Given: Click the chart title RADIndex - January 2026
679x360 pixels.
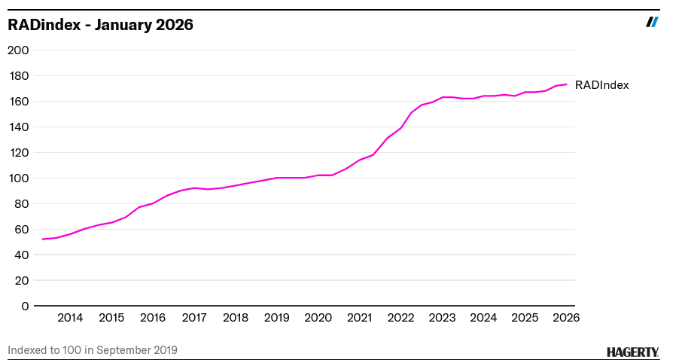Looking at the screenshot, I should coord(100,25).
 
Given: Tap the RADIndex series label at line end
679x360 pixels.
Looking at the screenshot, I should coord(601,85).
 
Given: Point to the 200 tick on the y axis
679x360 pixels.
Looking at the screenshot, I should coord(18,50).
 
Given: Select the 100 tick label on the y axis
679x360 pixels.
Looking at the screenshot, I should coord(18,178).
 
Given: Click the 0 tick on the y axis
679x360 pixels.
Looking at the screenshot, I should coord(25,306).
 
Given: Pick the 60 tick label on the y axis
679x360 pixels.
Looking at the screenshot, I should coord(21,230).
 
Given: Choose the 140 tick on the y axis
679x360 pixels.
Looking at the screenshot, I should coord(18,127).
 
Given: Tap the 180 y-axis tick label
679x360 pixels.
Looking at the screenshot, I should coord(18,76).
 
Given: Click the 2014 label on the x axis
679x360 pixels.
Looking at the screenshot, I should coord(70,318).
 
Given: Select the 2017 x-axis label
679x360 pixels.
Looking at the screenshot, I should coord(194,318).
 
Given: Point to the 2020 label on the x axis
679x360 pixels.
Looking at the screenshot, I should coord(318,318).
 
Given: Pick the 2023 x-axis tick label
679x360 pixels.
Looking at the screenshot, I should coord(442,318).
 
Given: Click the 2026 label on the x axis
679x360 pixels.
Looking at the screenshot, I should coord(565,318).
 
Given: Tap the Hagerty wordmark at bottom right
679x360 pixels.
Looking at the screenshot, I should coord(632,352).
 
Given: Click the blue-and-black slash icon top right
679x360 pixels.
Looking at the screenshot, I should coord(652,22).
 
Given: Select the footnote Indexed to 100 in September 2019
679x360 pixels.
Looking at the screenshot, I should coord(93,350).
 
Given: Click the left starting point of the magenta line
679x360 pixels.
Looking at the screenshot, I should coord(43,239).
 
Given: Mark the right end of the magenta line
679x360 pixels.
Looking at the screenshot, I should coord(566,84).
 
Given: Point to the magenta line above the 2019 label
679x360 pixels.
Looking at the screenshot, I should coord(276,178).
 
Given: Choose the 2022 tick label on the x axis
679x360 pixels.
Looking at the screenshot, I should coord(400,318).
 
